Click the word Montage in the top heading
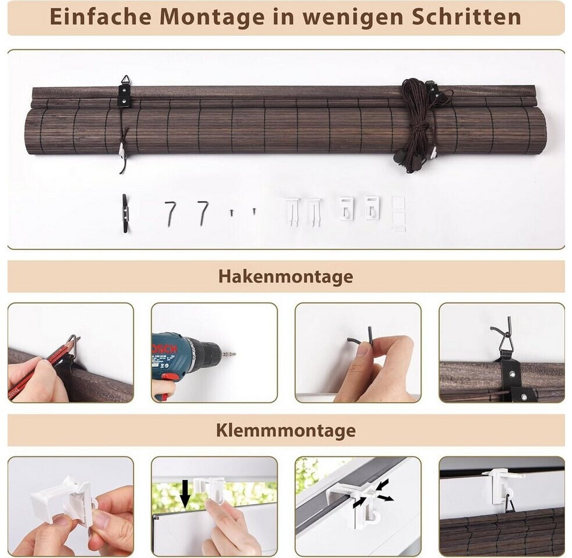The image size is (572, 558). [213, 17]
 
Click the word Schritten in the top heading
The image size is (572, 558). [466, 17]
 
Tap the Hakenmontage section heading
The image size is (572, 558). [286, 276]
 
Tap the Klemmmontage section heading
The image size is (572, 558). [286, 430]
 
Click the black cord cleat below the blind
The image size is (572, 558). [125, 214]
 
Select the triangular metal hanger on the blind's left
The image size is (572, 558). [125, 80]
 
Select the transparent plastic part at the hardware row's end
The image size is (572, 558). [399, 214]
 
